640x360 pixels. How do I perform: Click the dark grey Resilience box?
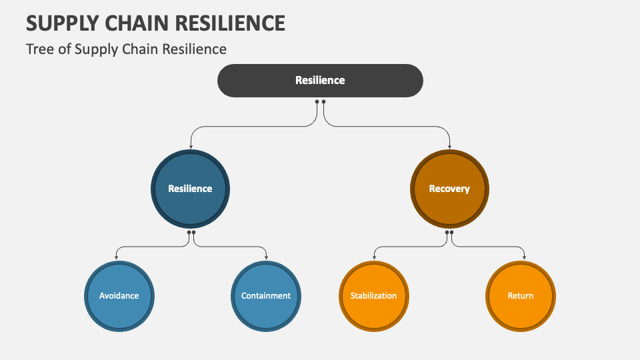coord(320,81)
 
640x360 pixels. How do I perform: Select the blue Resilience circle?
coord(190,189)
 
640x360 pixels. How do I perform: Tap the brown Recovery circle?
coord(449,189)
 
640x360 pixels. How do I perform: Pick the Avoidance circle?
coord(119,295)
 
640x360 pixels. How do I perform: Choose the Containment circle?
coord(266,295)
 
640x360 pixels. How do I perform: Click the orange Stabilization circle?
coord(373,295)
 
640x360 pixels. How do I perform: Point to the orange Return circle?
coord(521,295)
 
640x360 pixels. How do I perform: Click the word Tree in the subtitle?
coord(39,49)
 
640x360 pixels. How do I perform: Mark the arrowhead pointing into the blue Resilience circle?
coord(191,146)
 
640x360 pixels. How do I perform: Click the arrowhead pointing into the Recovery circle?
coord(450,146)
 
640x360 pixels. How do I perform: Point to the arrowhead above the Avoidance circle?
coord(117,257)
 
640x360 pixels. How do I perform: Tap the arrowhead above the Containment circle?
coord(267,257)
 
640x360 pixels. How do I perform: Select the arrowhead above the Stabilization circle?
coord(374,257)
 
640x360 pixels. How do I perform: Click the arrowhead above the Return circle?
coord(525,257)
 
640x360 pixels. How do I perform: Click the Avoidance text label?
coord(119,295)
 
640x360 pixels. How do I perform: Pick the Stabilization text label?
coord(373,295)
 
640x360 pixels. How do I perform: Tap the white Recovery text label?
coord(449,189)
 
